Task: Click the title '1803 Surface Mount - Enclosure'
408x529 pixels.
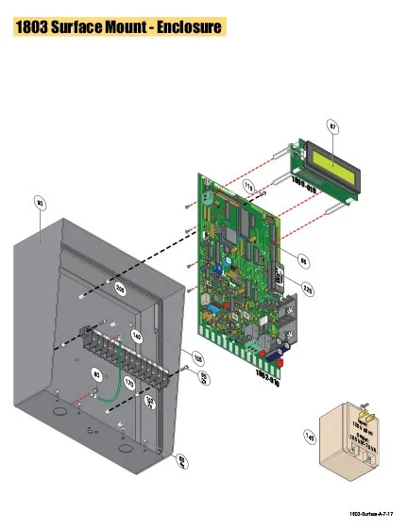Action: [x=117, y=26]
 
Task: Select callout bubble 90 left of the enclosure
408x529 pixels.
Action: [x=40, y=202]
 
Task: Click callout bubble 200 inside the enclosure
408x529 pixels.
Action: [x=120, y=288]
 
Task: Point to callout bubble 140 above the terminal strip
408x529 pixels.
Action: [x=136, y=335]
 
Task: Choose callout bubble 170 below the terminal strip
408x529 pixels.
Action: [x=129, y=385]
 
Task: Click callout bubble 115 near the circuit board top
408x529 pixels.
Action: [x=250, y=187]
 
